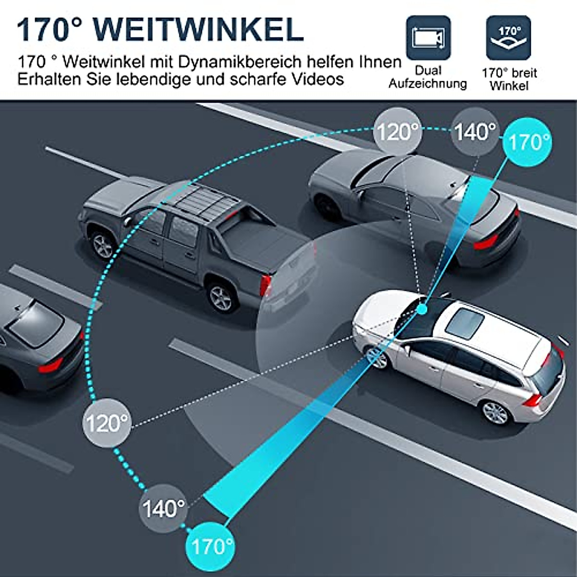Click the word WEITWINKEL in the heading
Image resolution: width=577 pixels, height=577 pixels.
(202, 30)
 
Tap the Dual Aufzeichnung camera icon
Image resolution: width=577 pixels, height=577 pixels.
(428, 37)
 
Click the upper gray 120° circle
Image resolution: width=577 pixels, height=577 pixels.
(398, 131)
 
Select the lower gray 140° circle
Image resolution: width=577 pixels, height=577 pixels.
(163, 508)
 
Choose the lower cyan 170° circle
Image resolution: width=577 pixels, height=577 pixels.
(211, 546)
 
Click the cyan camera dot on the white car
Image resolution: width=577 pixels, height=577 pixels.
(422, 309)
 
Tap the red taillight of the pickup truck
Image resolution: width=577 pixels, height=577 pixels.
(265, 285)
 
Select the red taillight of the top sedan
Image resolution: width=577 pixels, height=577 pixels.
(486, 242)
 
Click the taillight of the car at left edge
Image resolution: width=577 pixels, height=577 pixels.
(50, 365)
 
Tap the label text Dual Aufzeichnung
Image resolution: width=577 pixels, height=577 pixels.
(427, 77)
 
